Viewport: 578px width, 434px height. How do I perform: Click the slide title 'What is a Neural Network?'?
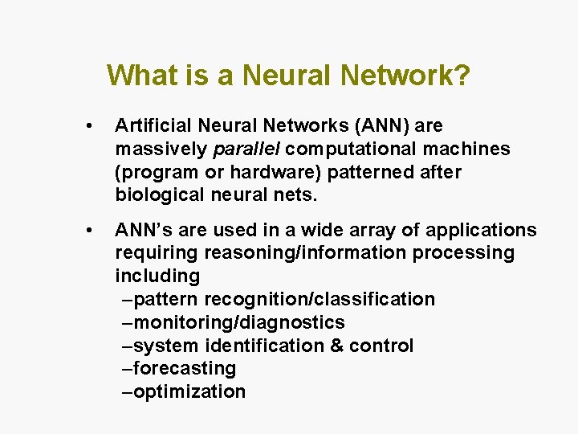pyautogui.click(x=288, y=76)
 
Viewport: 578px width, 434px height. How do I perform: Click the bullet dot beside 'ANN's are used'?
pyautogui.click(x=95, y=231)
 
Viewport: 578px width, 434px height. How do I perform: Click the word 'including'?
pyautogui.click(x=157, y=276)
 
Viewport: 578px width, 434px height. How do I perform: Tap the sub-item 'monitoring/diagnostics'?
pyautogui.click(x=239, y=323)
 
